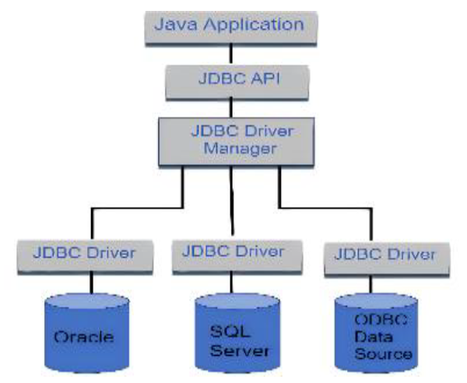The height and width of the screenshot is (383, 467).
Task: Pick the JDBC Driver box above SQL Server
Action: pyautogui.click(x=232, y=252)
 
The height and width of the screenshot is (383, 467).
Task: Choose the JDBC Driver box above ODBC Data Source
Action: pyautogui.click(x=385, y=255)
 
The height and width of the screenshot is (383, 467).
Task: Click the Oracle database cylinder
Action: pyautogui.click(x=85, y=331)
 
